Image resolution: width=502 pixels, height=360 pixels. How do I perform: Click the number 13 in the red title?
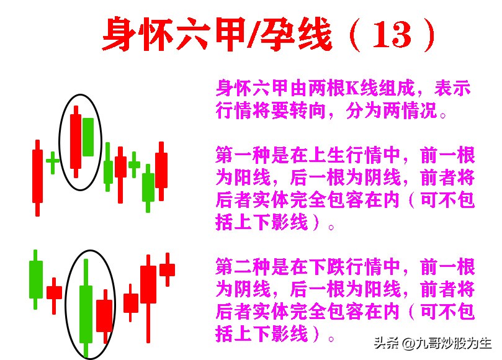click(392, 35)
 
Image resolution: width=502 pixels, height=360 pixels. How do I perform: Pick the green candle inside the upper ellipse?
click(87, 137)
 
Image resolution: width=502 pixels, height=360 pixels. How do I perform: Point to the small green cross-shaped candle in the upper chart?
click(53, 161)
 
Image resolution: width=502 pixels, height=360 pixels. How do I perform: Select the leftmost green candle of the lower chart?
click(36, 279)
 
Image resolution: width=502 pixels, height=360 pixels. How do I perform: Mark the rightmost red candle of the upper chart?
click(161, 169)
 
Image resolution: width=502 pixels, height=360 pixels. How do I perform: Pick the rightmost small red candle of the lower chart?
click(167, 269)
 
